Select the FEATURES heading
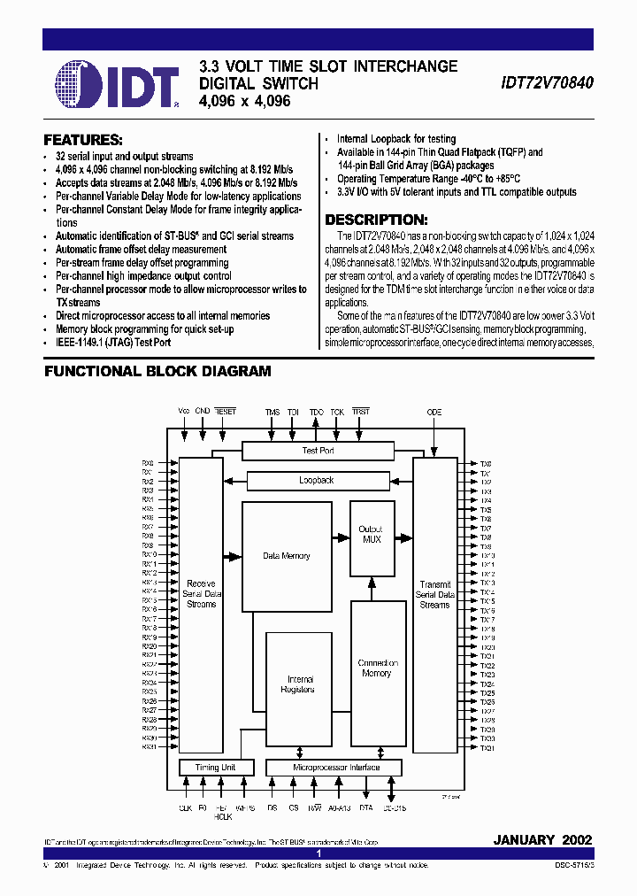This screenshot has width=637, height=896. point(83,140)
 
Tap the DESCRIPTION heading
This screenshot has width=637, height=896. point(376,220)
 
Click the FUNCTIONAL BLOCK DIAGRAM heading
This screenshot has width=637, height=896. point(157,372)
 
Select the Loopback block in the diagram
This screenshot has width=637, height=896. point(318,481)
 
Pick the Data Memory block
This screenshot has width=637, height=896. point(287,556)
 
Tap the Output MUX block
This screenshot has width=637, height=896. point(372,535)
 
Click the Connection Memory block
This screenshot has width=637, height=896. point(377,668)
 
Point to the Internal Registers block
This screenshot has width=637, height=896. point(297,684)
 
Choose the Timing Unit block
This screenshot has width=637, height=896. point(215,768)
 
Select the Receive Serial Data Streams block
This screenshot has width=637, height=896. point(201,593)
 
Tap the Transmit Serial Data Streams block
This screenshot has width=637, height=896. point(434,595)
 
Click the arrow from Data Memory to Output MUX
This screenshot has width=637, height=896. point(340,536)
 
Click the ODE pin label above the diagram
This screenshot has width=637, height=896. point(434,413)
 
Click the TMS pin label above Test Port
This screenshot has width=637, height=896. point(272,413)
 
